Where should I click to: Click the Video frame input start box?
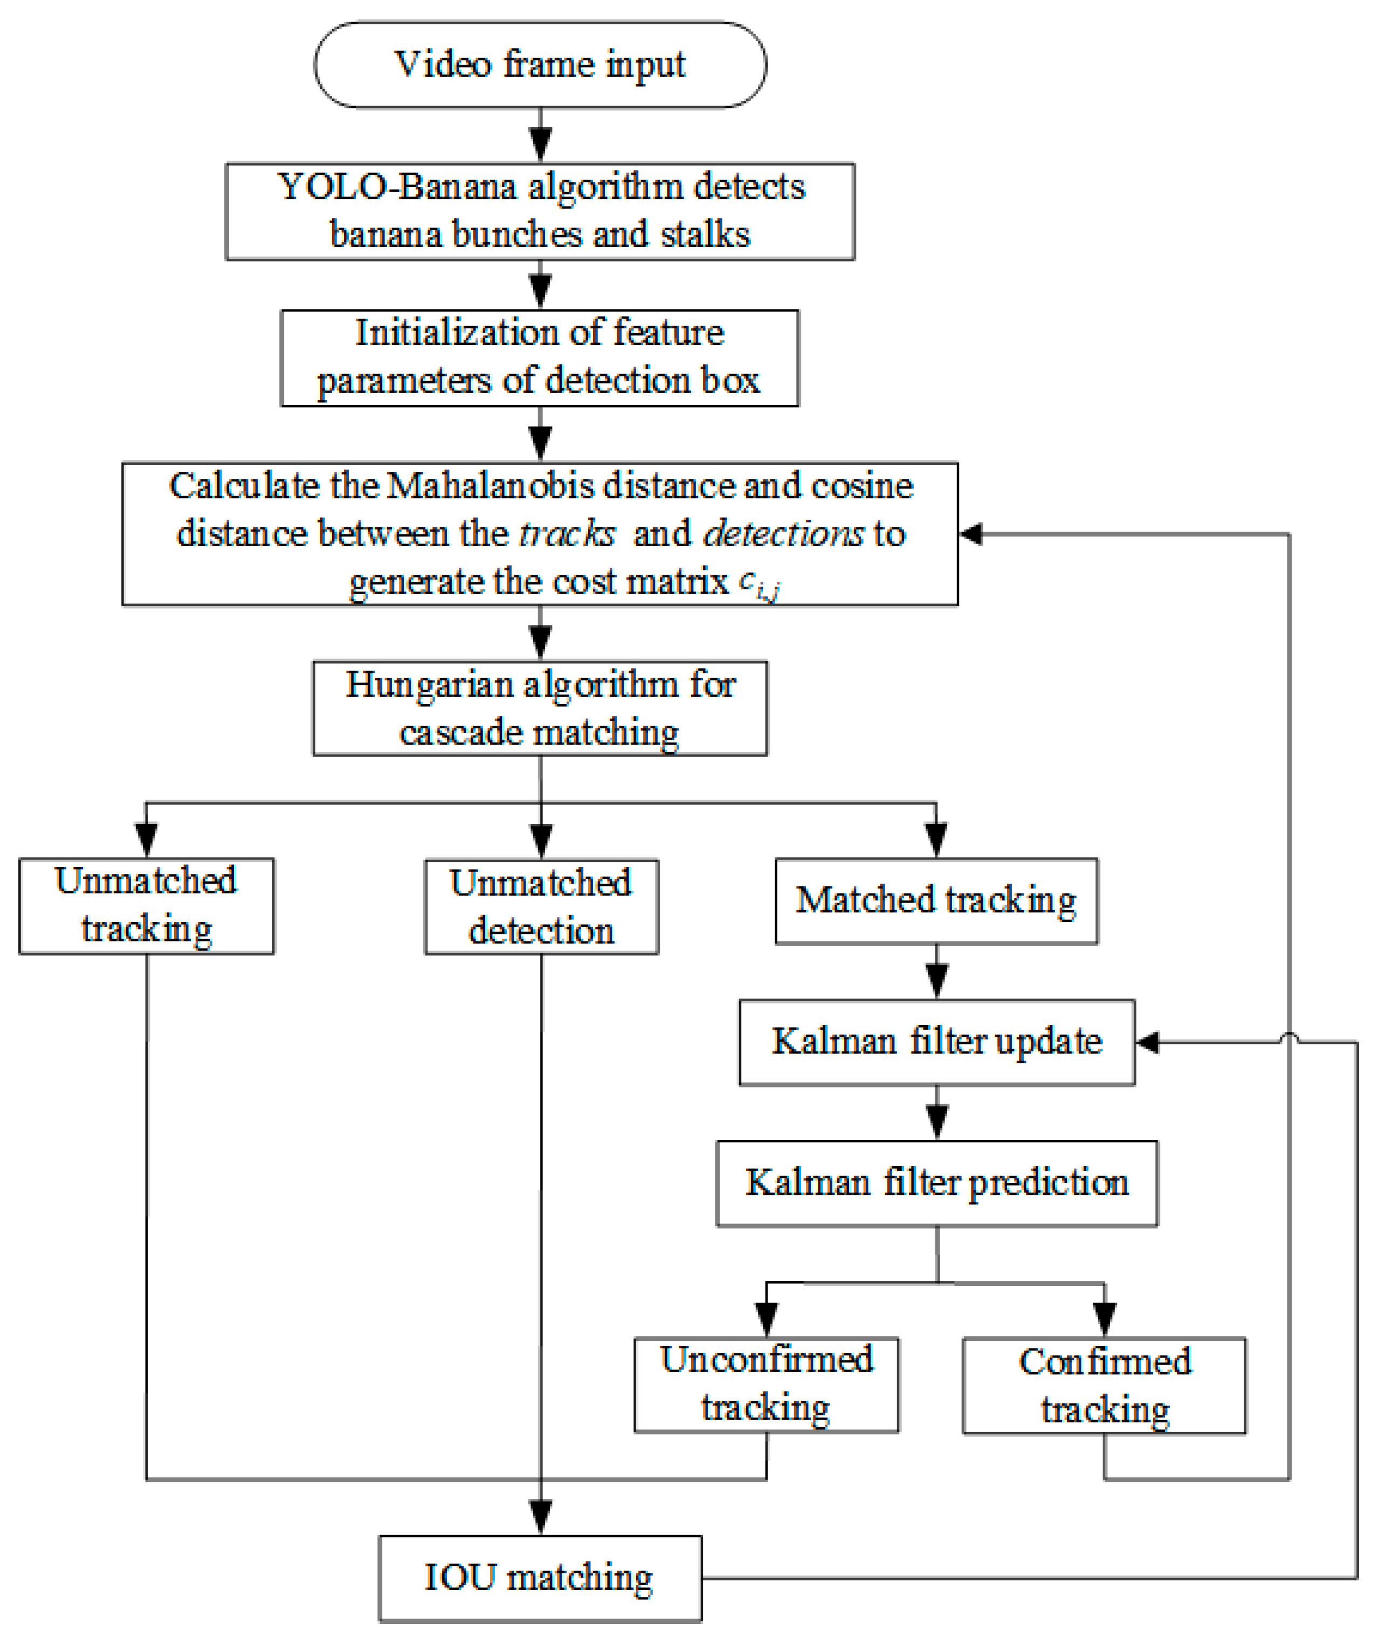[540, 64]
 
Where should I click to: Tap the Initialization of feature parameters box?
[540, 357]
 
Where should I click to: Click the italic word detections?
[783, 533]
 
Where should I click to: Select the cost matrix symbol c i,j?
[759, 583]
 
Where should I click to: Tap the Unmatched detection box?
[541, 906]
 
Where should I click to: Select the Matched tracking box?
[936, 901]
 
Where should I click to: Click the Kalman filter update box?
[936, 1042]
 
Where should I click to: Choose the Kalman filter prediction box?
[936, 1182]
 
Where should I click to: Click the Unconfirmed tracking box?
[766, 1385]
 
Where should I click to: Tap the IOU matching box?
[540, 1577]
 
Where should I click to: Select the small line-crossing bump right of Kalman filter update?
[1289, 1037]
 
